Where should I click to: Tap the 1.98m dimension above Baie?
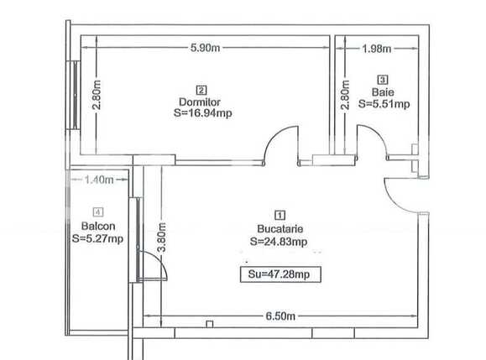(375, 48)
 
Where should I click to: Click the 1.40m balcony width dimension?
(98, 180)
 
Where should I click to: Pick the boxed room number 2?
(201, 90)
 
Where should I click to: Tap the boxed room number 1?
(280, 214)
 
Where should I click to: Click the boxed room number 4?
(98, 212)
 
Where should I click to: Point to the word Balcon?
(98, 226)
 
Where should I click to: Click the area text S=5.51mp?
(383, 104)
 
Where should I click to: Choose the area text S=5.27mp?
(98, 238)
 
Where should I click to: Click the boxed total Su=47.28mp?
(280, 274)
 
